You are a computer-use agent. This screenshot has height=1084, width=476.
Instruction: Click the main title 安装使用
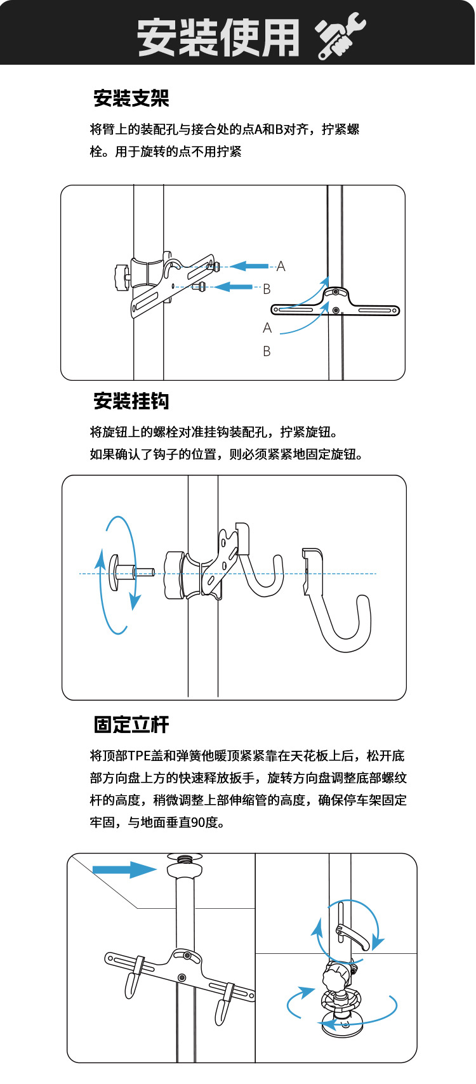pos(218,37)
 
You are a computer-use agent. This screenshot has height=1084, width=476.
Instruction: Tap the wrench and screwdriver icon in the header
pos(341,37)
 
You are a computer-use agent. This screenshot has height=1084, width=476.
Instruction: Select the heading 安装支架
pos(131,98)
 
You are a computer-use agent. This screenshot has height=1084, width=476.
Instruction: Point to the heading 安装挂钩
pos(131,401)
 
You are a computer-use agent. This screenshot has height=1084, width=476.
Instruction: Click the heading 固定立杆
pos(131,724)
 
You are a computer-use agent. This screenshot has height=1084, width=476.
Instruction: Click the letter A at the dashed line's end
pos(281,267)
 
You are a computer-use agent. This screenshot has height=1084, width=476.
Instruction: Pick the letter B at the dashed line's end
pos(267,289)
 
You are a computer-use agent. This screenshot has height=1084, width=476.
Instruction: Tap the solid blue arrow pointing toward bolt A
pos(249,267)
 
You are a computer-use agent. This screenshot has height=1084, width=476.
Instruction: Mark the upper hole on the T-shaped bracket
pos(335,293)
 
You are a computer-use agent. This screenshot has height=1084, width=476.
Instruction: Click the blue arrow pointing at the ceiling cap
pos(124,869)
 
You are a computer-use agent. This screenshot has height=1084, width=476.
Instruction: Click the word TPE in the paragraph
pos(138,756)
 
